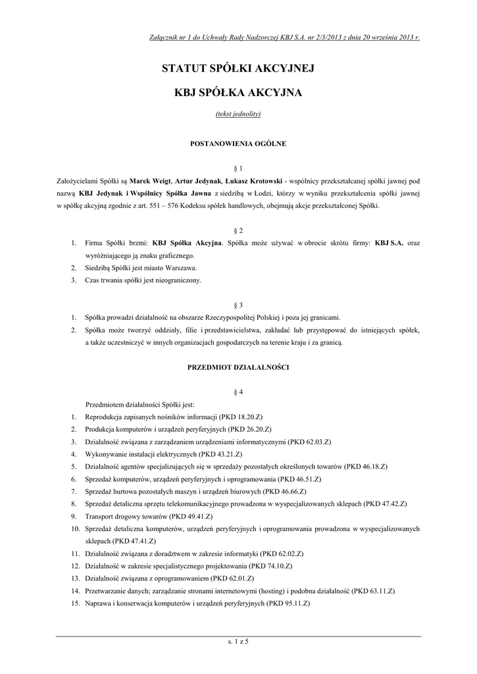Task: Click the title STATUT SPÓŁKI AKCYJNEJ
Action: [238, 68]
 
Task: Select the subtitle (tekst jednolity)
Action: [238, 114]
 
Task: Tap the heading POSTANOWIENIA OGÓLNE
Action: [238, 143]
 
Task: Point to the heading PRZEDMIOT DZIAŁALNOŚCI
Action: [238, 366]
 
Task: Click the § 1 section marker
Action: [238, 168]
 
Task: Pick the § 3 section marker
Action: [238, 305]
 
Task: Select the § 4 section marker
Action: [238, 392]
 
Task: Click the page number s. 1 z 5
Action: [238, 641]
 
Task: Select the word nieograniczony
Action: [178, 280]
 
